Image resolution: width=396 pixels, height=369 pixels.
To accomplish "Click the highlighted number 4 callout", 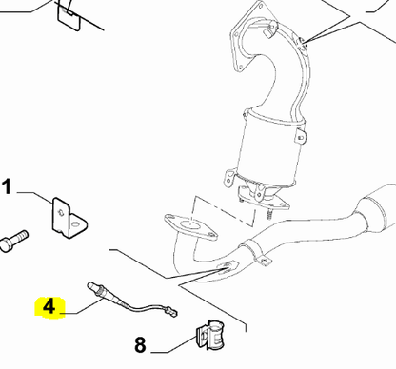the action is point(49,307).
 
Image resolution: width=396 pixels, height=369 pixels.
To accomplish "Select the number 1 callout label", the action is point(7,186).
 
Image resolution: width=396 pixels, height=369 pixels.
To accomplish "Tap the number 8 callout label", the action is point(140,344).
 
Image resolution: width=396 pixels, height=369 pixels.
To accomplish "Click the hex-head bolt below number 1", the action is point(14,241).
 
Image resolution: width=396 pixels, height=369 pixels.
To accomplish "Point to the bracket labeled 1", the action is point(69,218).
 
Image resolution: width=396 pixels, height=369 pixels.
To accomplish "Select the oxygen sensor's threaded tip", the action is point(91,285).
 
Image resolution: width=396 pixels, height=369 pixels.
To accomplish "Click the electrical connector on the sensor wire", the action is point(171,312).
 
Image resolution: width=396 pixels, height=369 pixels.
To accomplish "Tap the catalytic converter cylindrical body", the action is point(270,148).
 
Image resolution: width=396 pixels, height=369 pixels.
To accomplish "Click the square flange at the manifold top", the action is point(250,35).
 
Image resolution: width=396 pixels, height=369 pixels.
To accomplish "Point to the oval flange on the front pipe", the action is point(190,226).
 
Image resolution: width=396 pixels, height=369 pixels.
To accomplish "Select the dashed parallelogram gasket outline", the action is point(225,211).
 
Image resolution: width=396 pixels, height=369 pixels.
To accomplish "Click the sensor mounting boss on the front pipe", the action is point(228,266).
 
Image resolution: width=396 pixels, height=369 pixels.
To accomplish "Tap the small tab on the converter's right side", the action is point(300,135).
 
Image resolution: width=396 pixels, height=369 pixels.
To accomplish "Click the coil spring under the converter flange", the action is point(269,213).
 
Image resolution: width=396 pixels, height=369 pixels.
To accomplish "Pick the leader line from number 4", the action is point(83,306).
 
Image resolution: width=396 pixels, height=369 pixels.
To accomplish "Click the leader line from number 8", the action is point(173,344).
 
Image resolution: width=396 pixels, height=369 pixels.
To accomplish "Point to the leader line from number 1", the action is point(35,197).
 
